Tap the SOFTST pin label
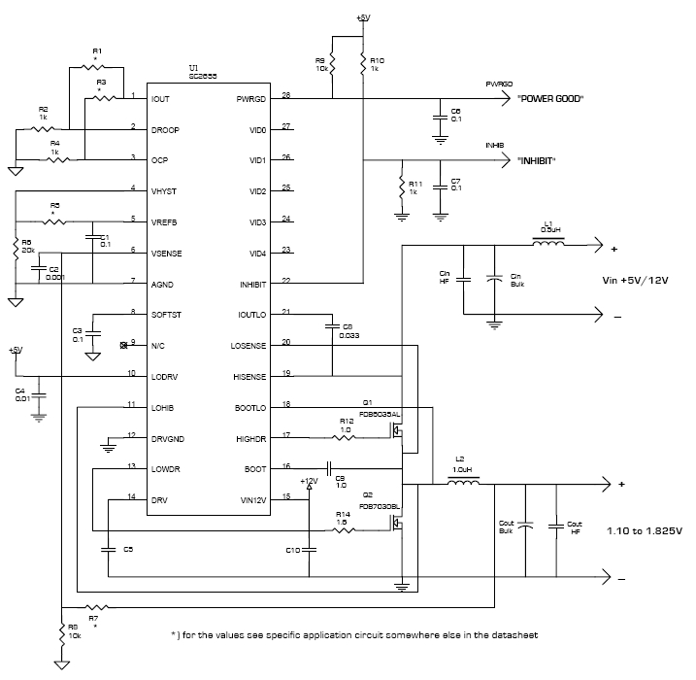coord(168,315)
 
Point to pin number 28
coord(285,94)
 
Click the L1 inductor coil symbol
coord(549,244)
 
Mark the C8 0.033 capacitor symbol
coord(331,325)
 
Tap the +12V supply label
coord(309,481)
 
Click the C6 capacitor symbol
coord(437,118)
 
